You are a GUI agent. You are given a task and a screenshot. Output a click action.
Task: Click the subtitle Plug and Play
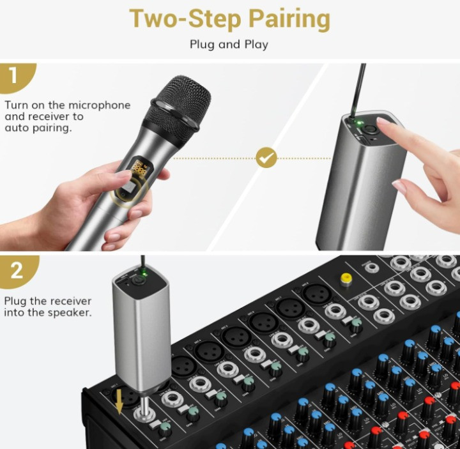[229, 45]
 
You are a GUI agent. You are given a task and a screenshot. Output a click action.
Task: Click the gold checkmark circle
[266, 157]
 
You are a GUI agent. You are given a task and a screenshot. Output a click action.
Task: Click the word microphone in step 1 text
[99, 105]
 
